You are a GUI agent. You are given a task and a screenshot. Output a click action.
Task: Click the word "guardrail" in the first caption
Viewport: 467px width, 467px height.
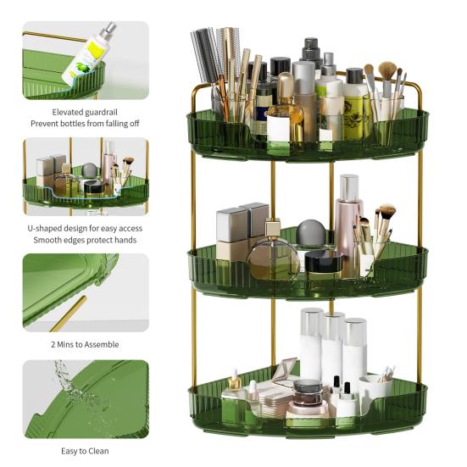pyautogui.click(x=101, y=113)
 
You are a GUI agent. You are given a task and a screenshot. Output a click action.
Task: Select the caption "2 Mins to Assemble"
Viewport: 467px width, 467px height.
pyautogui.click(x=85, y=344)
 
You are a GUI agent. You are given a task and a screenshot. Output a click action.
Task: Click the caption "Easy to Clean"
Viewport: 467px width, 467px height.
pyautogui.click(x=85, y=451)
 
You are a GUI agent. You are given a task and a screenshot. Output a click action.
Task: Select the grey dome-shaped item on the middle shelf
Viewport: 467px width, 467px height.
pyautogui.click(x=311, y=233)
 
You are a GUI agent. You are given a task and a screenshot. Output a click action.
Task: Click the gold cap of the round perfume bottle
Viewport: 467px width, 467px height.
pyautogui.click(x=273, y=227)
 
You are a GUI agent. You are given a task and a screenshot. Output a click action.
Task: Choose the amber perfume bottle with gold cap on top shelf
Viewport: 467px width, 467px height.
pyautogui.click(x=285, y=114)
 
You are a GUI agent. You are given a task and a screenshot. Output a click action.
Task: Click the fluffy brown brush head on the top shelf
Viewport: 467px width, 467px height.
pyautogui.click(x=387, y=70)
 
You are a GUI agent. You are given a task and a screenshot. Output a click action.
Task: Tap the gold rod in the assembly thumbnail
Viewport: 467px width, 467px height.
pyautogui.click(x=68, y=314)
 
